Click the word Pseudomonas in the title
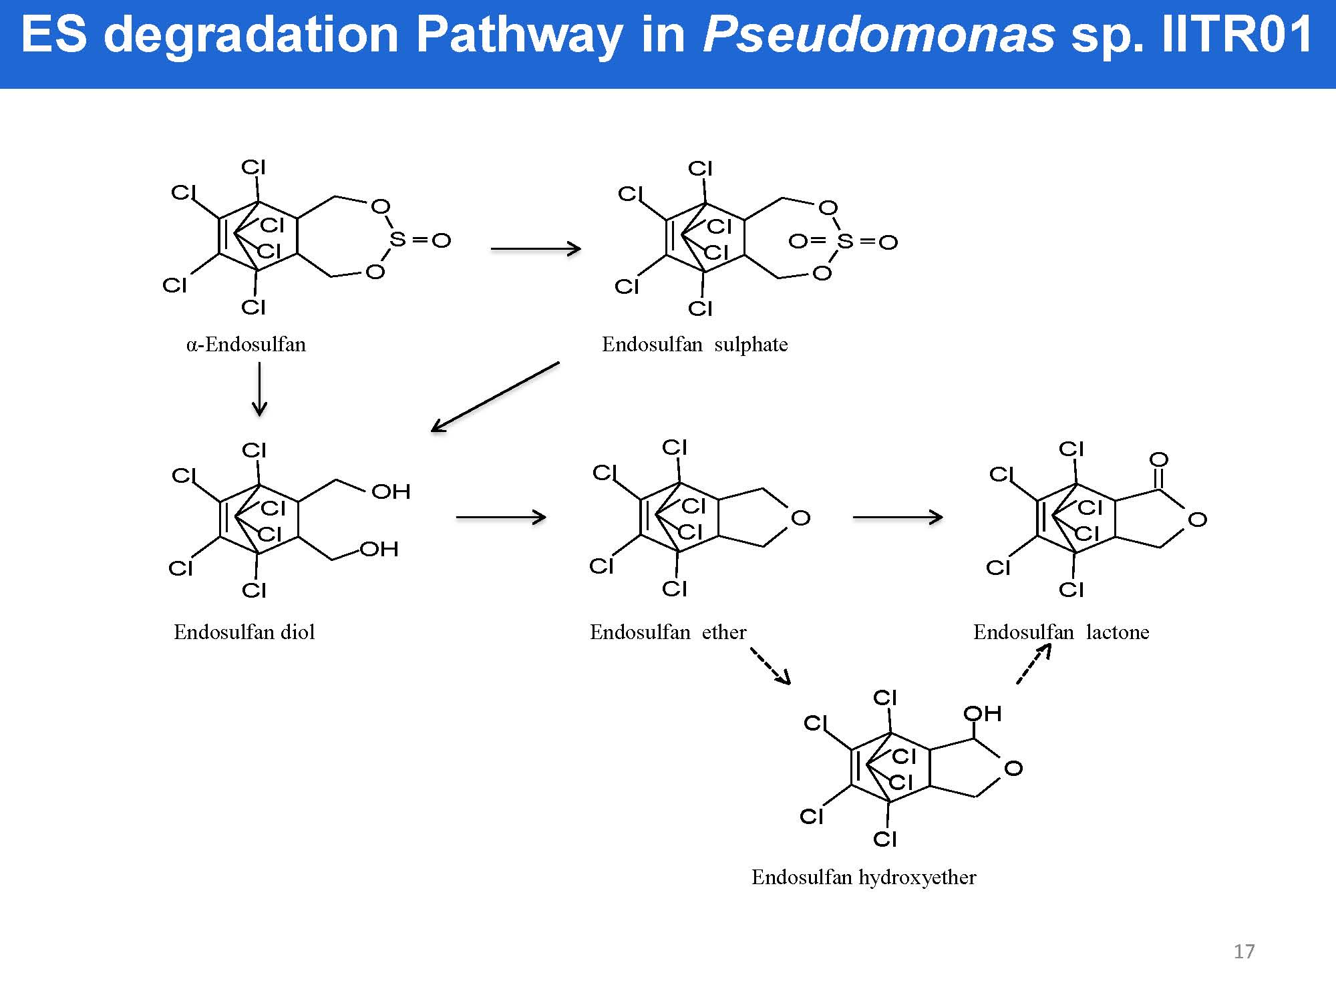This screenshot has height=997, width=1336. tap(879, 35)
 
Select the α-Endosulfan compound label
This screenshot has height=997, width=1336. tap(246, 345)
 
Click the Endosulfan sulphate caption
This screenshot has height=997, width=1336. tap(695, 345)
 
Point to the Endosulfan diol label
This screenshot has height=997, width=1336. tap(244, 632)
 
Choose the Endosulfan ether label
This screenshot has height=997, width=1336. tap(667, 632)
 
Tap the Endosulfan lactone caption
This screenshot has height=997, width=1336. tap(1061, 632)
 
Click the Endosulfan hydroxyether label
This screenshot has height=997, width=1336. tap(864, 877)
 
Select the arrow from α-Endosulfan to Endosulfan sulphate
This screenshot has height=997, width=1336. tap(536, 249)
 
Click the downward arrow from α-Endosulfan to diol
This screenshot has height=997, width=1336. tap(259, 390)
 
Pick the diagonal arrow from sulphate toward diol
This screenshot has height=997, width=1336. tap(495, 397)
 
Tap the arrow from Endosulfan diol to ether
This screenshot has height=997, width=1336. tap(501, 517)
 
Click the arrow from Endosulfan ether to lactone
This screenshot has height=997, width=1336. tap(898, 517)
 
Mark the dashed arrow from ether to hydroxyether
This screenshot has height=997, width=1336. tap(770, 666)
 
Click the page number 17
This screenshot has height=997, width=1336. tap(1244, 951)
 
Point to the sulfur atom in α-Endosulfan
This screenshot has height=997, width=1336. tap(397, 238)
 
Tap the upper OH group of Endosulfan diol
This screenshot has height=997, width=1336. tap(391, 492)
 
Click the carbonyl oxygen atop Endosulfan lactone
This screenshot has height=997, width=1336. tap(1158, 459)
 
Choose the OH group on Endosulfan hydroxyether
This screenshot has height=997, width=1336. tap(982, 714)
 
